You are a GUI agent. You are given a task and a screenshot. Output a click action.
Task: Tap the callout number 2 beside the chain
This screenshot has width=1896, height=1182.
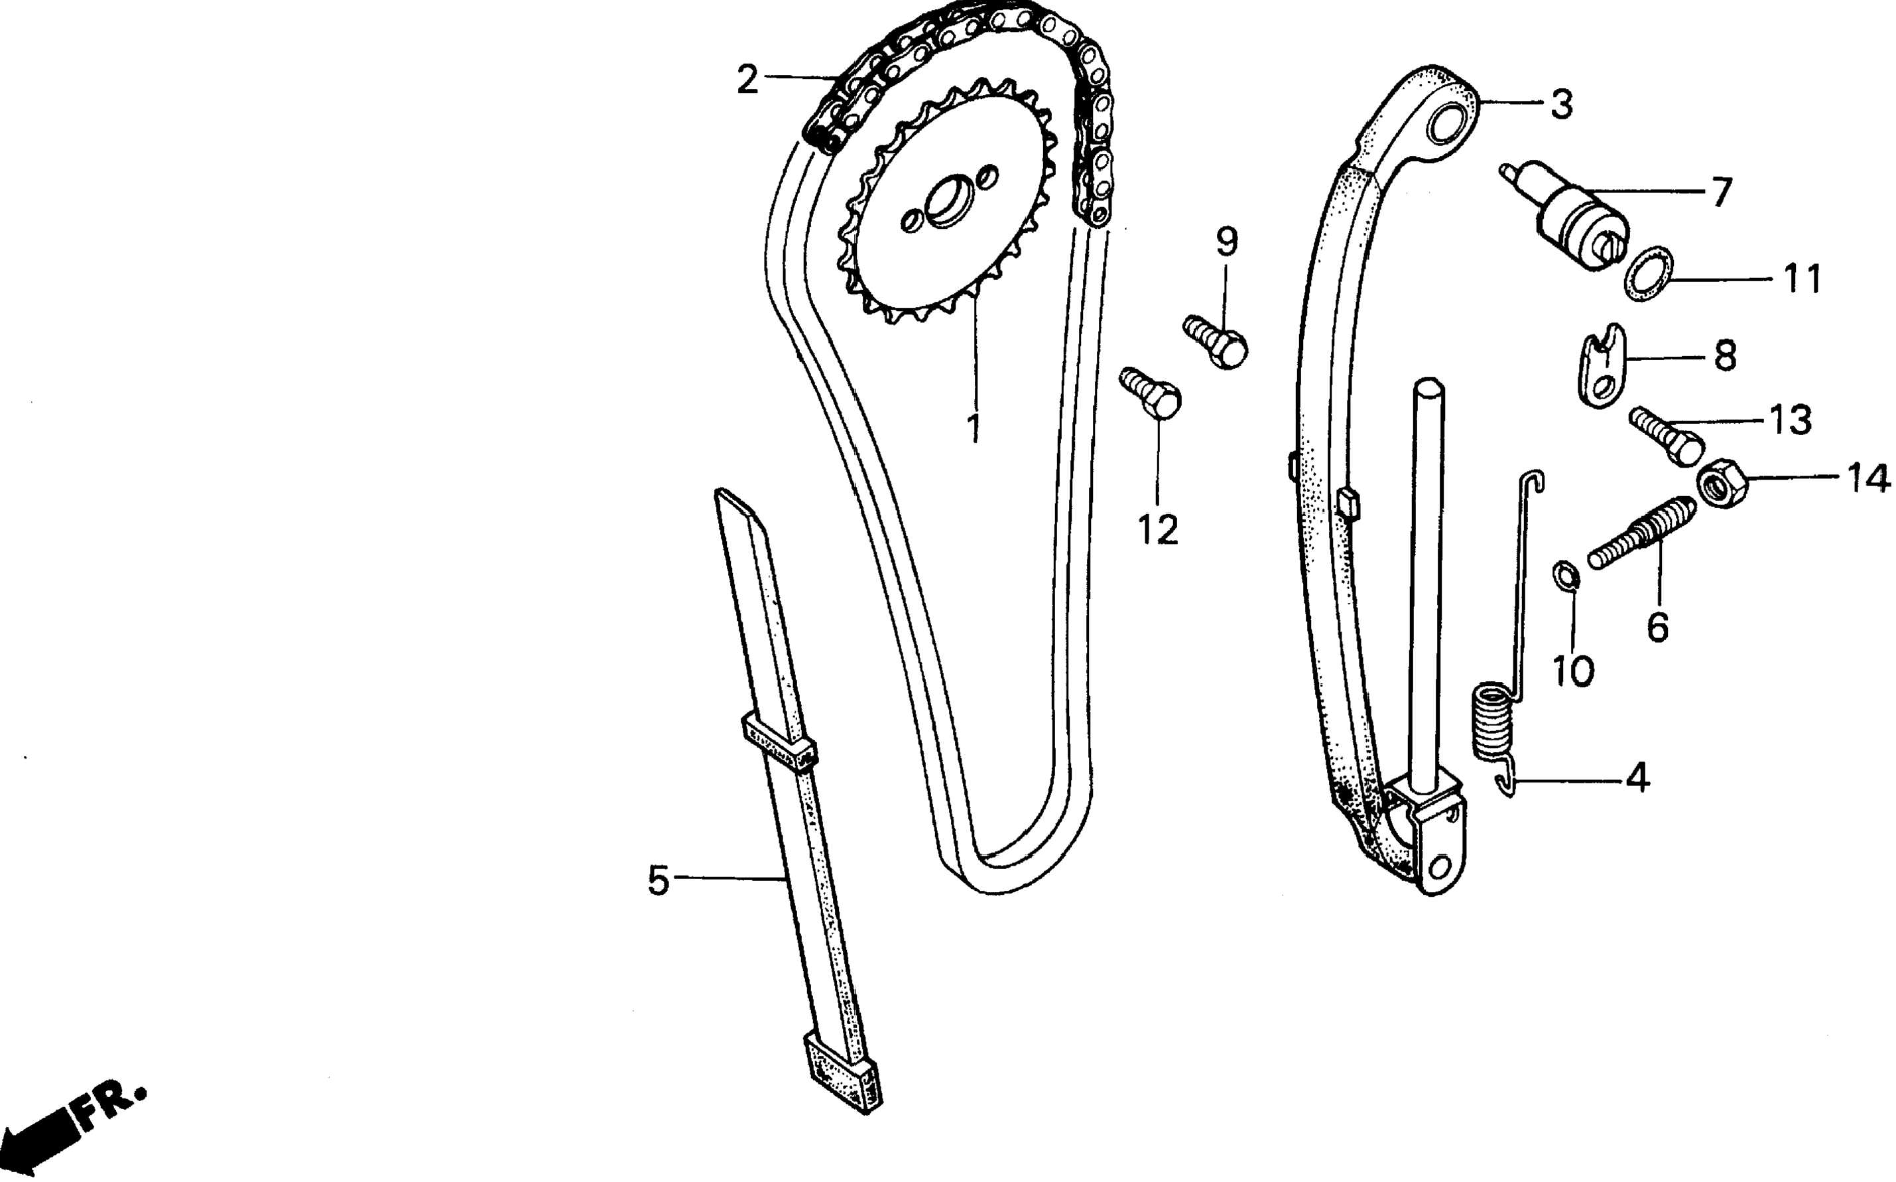tap(747, 80)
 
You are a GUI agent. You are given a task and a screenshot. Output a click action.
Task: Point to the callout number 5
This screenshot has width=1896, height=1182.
tap(659, 881)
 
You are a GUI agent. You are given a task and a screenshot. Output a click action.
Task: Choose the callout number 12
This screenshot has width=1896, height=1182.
tap(1157, 530)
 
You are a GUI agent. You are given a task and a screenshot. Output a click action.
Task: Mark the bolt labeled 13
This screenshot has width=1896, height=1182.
tap(1665, 437)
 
